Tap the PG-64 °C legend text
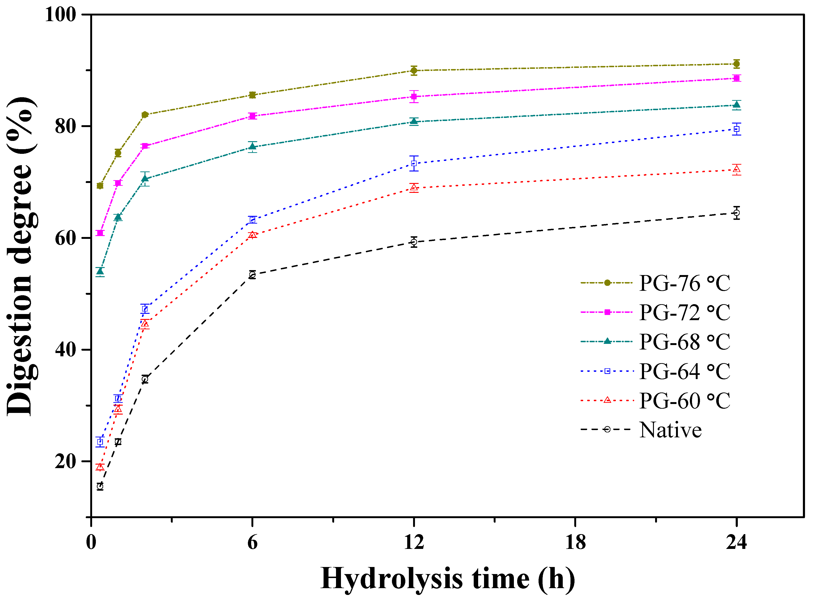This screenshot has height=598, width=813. [x=684, y=371]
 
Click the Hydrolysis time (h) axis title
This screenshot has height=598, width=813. [x=448, y=579]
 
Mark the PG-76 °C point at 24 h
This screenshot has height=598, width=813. [x=736, y=64]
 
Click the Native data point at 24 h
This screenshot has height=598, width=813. [x=736, y=213]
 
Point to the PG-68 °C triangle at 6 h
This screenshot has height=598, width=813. [x=252, y=147]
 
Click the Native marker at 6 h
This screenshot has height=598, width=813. [x=252, y=275]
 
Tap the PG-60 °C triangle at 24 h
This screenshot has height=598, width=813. [x=736, y=169]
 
